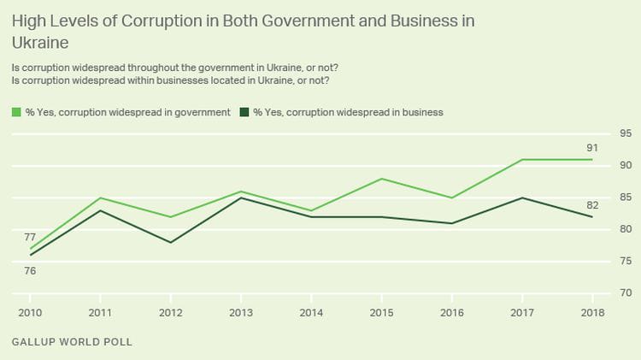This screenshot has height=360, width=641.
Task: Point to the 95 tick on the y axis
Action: [x=626, y=133]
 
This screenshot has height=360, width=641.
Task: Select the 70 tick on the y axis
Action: [x=626, y=293]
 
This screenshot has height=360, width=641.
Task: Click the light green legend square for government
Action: [x=16, y=112]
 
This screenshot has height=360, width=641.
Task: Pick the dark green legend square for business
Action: [x=244, y=112]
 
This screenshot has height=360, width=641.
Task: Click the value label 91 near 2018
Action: [x=592, y=148]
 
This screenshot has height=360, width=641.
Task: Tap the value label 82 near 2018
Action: [x=592, y=205]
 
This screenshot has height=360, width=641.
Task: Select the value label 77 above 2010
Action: [x=30, y=237]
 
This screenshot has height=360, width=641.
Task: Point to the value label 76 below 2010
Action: [x=30, y=270]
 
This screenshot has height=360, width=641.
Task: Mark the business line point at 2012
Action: [x=171, y=242]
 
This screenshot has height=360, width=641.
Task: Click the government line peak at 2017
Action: [x=523, y=160]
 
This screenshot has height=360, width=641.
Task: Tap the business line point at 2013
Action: [x=242, y=198]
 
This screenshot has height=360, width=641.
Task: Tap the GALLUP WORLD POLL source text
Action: [x=73, y=342]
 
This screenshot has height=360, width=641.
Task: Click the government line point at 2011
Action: [x=101, y=198]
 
